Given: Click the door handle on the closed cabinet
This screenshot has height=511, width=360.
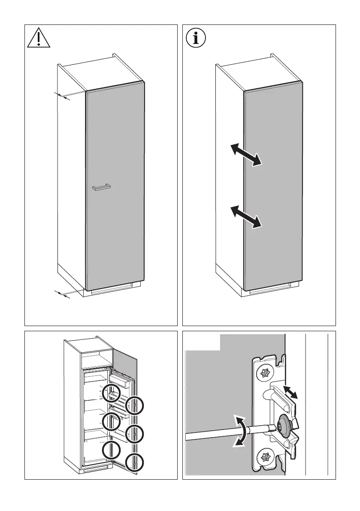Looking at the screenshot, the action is click(x=101, y=187).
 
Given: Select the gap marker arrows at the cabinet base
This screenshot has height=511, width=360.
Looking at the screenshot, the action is click(x=63, y=294).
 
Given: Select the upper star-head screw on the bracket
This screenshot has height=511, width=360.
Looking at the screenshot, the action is click(x=263, y=373).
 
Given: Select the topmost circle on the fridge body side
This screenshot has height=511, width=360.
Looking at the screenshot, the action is click(x=111, y=392).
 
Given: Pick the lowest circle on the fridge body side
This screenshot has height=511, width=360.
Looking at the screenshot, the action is click(x=111, y=450).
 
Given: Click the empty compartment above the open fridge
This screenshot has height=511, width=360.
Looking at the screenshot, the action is click(x=96, y=360).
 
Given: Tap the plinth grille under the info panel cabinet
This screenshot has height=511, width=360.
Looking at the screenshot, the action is click(x=270, y=292).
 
